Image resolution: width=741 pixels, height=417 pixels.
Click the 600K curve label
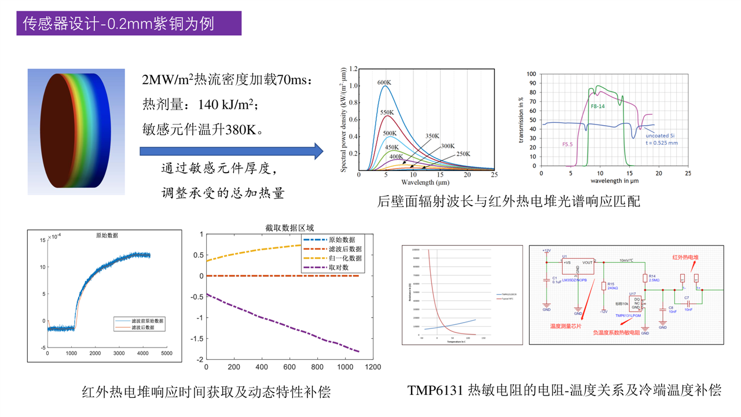tap(384, 82)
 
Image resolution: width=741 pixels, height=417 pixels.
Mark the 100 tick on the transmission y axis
tap(532, 75)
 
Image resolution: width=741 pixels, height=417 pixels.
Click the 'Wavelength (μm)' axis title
tap(426, 182)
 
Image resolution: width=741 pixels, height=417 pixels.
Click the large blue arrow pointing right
tap(231, 151)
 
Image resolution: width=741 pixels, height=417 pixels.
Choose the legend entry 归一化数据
tap(345, 258)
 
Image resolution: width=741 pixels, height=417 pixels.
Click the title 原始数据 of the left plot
tap(107, 236)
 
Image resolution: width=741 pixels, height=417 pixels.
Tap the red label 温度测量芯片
tap(566, 326)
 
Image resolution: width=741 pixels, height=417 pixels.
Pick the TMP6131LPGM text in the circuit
tap(628, 316)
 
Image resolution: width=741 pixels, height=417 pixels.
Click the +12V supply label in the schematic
tap(546, 251)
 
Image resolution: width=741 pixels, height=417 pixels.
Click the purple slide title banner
tap(129, 23)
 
